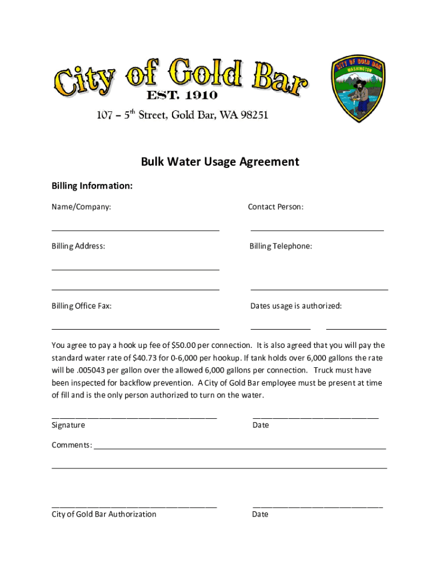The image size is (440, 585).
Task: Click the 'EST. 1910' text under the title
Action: coord(182,95)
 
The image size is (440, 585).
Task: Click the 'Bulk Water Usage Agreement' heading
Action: coord(220,162)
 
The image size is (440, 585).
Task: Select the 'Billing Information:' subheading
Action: coord(92,186)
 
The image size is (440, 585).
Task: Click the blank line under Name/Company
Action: coord(135,230)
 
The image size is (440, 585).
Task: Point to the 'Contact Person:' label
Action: coord(275,207)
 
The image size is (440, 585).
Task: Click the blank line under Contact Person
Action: coord(317,230)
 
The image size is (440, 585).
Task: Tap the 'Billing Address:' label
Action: coord(78,246)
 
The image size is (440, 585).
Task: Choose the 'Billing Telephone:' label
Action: coord(281,246)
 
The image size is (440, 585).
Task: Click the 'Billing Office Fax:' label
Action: coord(82,306)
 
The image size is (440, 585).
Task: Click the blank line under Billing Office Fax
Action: coord(135,329)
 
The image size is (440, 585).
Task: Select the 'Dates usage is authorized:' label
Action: coord(296,306)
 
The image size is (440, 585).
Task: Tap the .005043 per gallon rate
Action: coord(84,370)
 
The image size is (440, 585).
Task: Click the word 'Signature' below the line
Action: coord(68,425)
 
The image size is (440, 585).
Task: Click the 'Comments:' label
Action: coord(72,445)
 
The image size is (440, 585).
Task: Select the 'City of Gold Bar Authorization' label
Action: coord(104,514)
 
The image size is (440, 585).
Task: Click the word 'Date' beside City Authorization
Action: coord(261,514)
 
